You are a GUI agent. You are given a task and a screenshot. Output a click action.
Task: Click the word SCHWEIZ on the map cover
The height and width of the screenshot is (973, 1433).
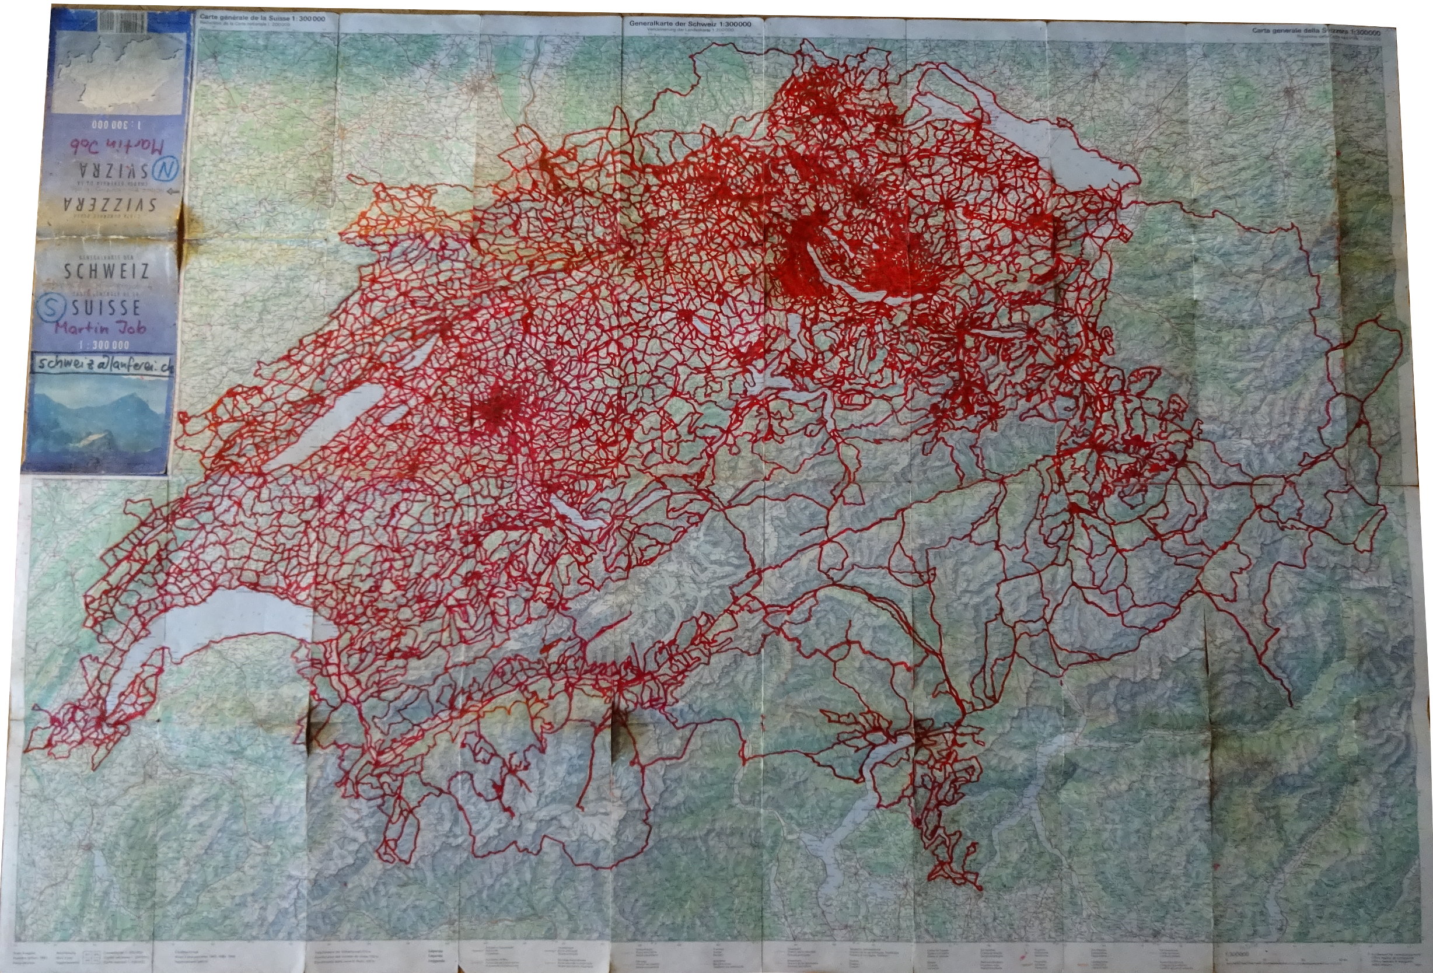(106, 271)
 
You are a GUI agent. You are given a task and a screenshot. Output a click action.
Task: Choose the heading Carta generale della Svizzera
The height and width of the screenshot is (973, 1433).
(1306, 31)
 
